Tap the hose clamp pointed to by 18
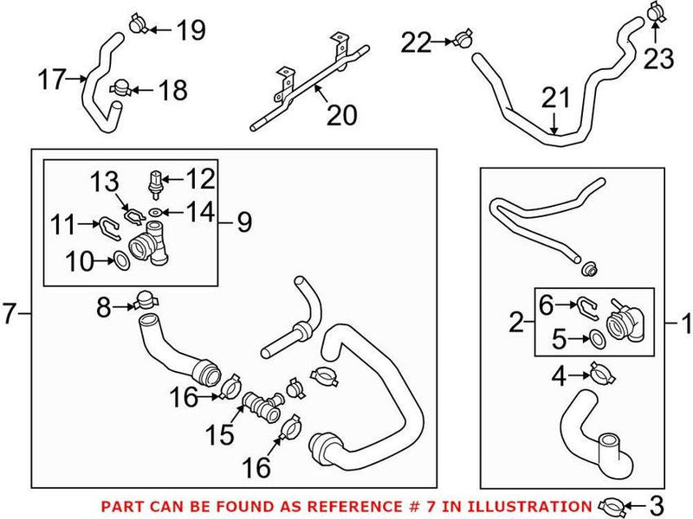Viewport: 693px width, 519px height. [120, 88]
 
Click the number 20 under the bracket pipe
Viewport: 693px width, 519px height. [340, 114]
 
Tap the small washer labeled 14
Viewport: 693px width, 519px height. [154, 212]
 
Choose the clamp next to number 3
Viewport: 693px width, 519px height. [612, 503]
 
